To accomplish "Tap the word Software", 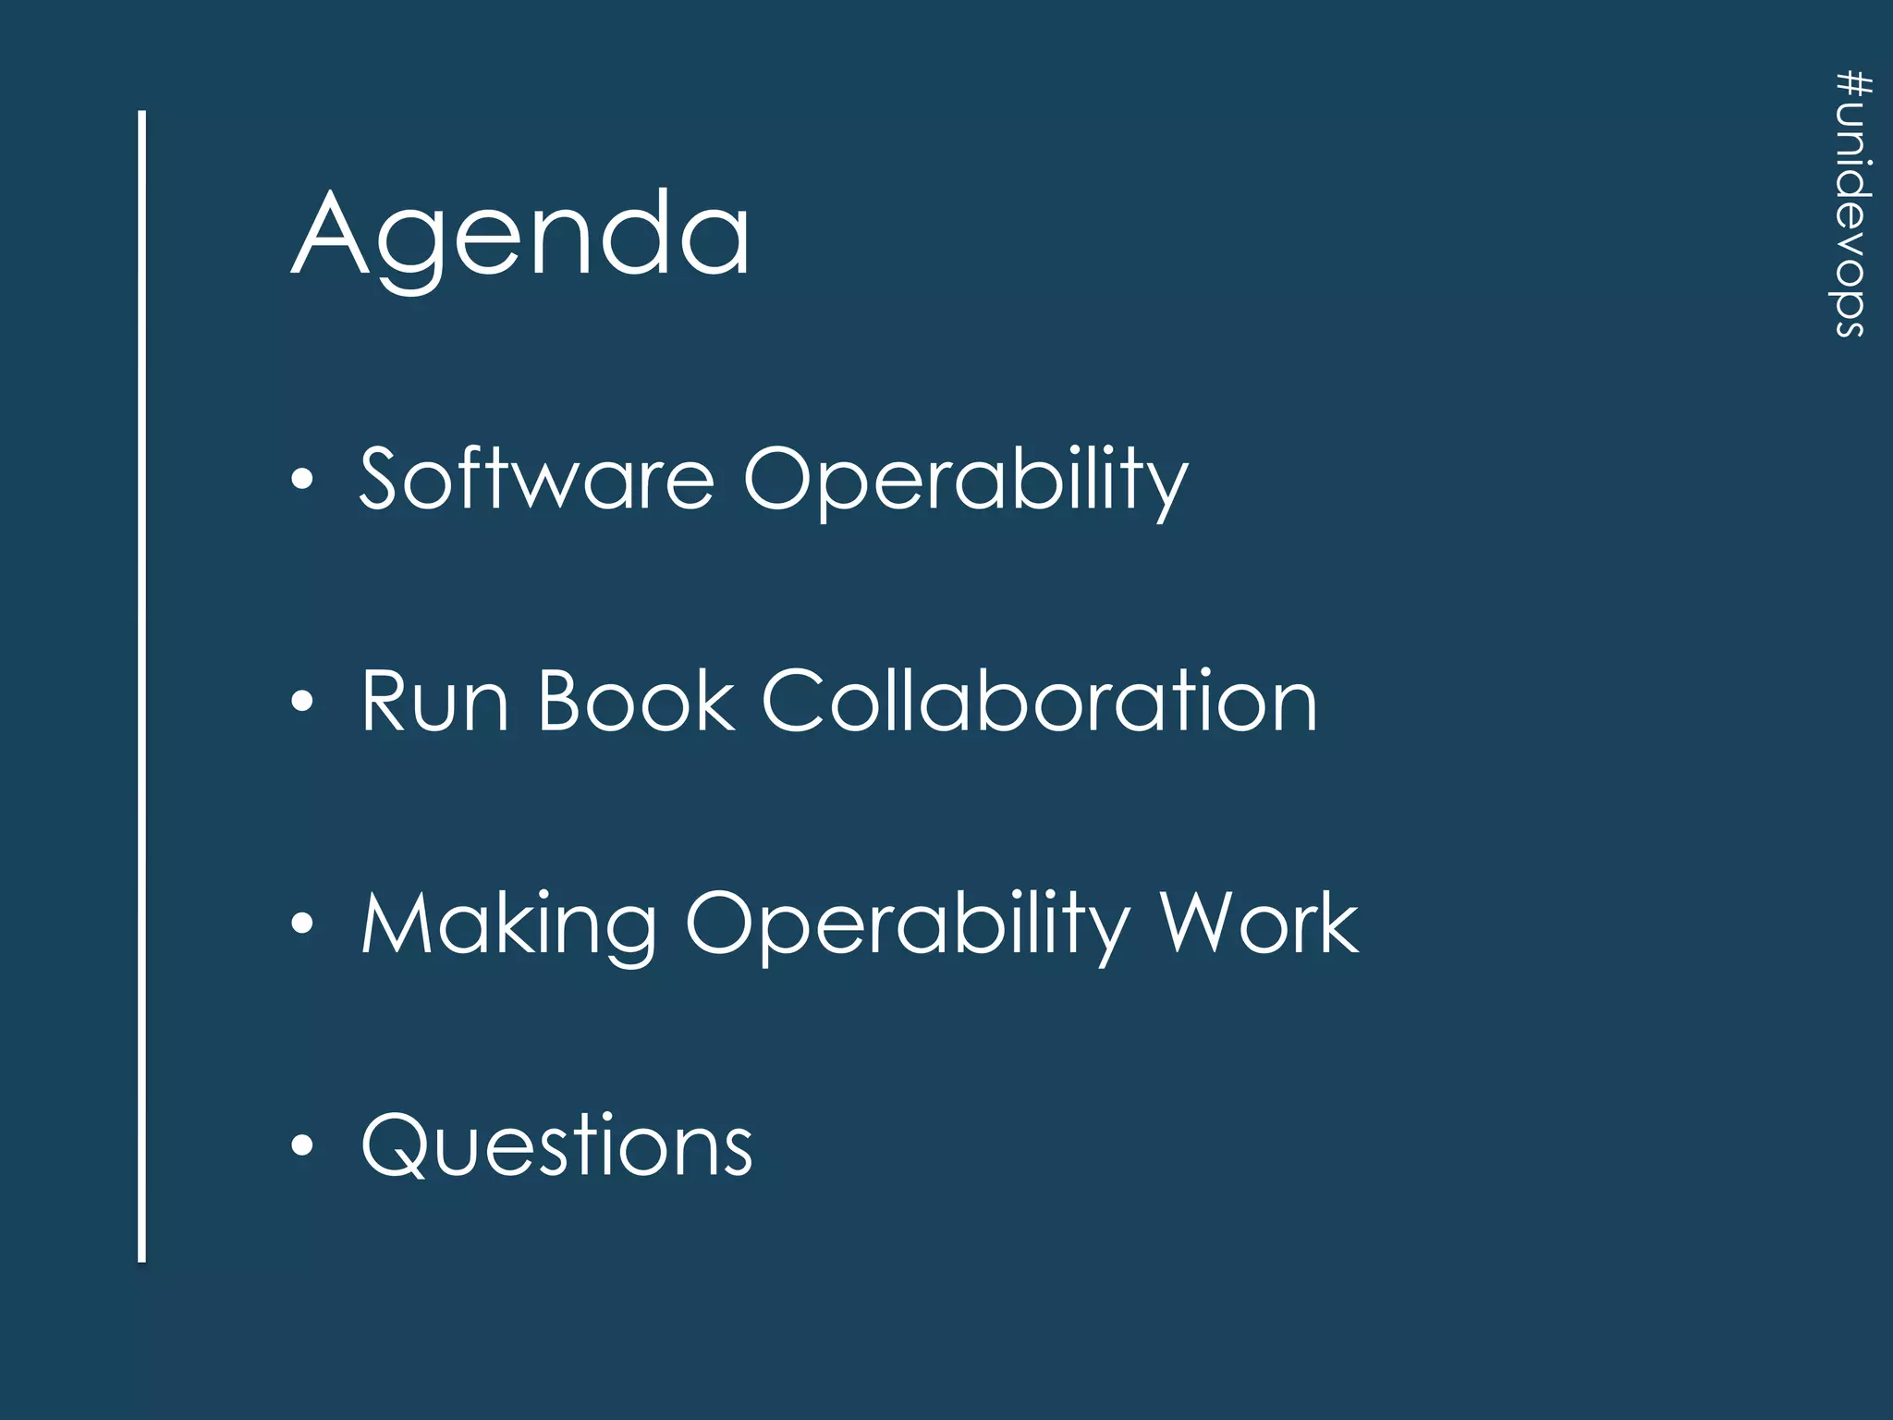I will pyautogui.click(x=536, y=478).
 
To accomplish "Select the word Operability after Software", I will pyautogui.click(x=965, y=481).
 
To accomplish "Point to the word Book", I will pyautogui.click(x=636, y=702).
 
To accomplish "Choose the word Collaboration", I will pyautogui.click(x=1039, y=702).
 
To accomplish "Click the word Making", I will pyautogui.click(x=508, y=924).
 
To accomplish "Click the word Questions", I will pyautogui.click(x=556, y=1145).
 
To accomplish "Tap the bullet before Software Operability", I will pyautogui.click(x=302, y=480).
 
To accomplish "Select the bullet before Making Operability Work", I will pyautogui.click(x=302, y=924).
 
